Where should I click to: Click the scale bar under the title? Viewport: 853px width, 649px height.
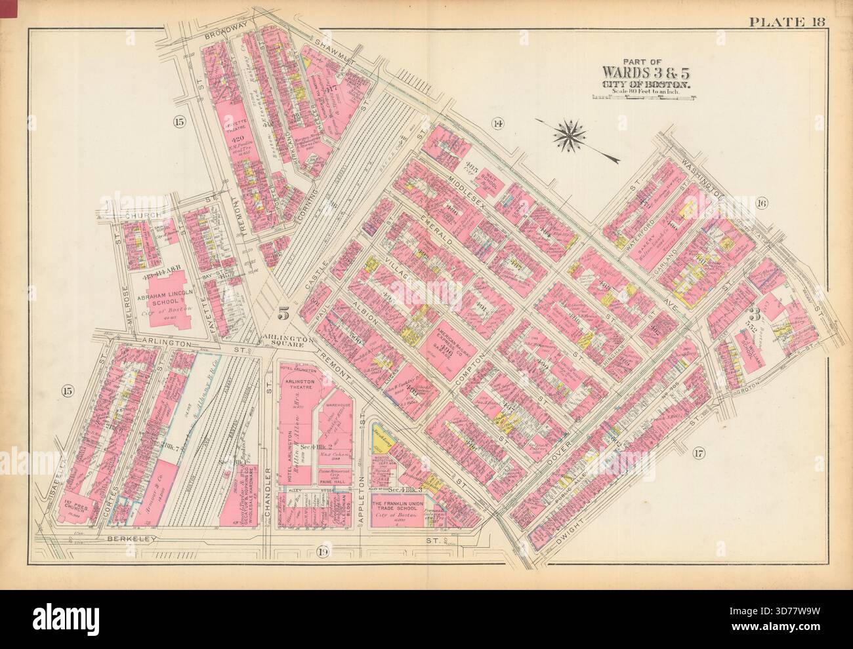643,98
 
